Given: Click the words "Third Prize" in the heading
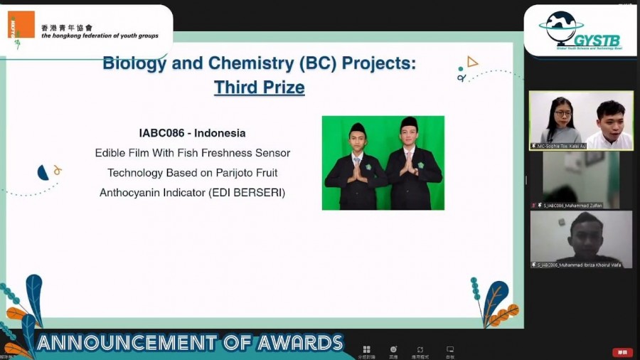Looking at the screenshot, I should coord(259,88).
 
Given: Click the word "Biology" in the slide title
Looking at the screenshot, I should coord(134,63).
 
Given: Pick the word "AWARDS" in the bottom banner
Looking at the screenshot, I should coord(300,343).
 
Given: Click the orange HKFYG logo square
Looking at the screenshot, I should coord(21,25).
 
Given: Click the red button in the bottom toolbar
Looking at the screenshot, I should coord(622,352).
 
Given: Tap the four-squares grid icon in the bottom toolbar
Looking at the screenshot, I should coord(366,349).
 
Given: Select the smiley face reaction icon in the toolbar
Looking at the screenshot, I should coord(393,349).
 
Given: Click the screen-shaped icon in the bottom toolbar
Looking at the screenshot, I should coord(450,349).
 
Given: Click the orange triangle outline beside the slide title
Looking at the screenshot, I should coord(472,63).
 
